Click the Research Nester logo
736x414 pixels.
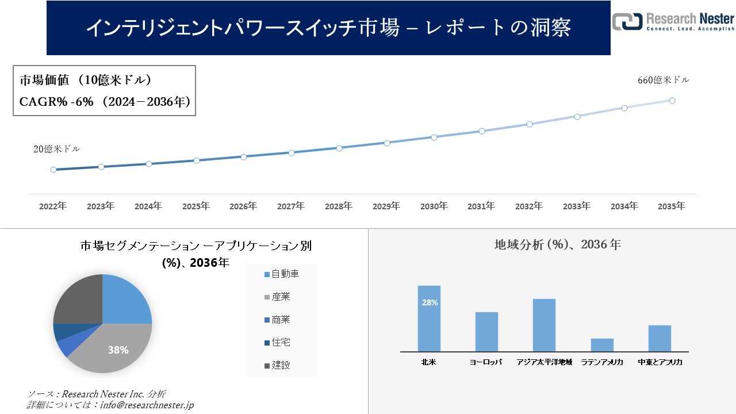point(673,21)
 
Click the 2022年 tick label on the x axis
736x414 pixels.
point(52,206)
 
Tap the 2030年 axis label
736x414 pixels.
point(434,206)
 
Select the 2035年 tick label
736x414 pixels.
point(671,206)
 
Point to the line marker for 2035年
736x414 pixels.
point(672,101)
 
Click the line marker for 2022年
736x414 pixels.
point(53,170)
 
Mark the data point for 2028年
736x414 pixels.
point(339,148)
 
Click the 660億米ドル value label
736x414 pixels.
point(663,80)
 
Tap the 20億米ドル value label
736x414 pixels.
point(56,149)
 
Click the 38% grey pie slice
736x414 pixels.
point(115,348)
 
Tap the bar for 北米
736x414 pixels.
point(429,319)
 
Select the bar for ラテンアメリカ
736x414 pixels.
point(602,345)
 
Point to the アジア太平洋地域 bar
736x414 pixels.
point(544,325)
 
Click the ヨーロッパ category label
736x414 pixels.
point(486,362)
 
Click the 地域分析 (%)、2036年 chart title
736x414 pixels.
point(557,244)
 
